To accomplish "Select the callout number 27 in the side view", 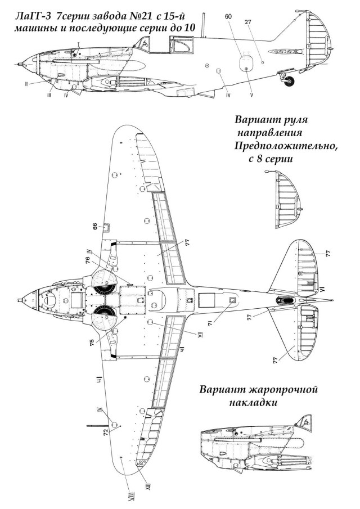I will coord(247,22).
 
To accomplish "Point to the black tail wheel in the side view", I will coord(290,82).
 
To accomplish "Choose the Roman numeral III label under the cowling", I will coord(49,96).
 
